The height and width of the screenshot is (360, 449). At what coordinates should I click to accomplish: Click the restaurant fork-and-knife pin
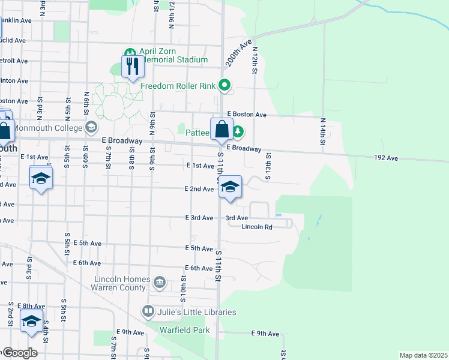pos(133,66)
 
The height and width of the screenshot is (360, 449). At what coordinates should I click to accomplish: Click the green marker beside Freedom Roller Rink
pos(225,85)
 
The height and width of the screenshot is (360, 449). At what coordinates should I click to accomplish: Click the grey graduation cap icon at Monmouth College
pos(91,127)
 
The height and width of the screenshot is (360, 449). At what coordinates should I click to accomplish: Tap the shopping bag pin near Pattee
pos(221,129)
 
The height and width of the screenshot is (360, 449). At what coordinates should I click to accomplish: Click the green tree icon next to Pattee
pos(238,130)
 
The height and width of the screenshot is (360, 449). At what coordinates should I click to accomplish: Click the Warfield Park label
pos(184,330)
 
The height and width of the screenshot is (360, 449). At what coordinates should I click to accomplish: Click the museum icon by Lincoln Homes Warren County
pos(160,282)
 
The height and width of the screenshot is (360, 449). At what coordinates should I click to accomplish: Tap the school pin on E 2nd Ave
pos(229,187)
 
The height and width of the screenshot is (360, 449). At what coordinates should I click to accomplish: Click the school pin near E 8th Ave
pos(31,321)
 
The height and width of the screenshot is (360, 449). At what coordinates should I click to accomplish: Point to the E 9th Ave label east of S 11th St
pos(265,334)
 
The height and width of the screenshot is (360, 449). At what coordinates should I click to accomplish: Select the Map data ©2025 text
pos(423,355)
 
